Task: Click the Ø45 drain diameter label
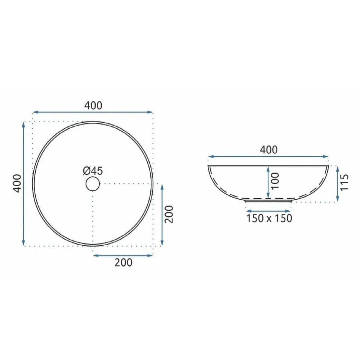pyautogui.click(x=93, y=171)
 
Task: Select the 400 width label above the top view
pyautogui.click(x=93, y=106)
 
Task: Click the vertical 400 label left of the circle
pyautogui.click(x=18, y=183)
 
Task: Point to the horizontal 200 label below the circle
pyautogui.click(x=123, y=262)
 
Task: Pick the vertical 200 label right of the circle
pyautogui.click(x=169, y=214)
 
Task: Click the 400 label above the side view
pyautogui.click(x=268, y=150)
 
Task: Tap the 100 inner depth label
pyautogui.click(x=275, y=181)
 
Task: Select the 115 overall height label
pyautogui.click(x=344, y=182)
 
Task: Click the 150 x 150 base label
pyautogui.click(x=269, y=218)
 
